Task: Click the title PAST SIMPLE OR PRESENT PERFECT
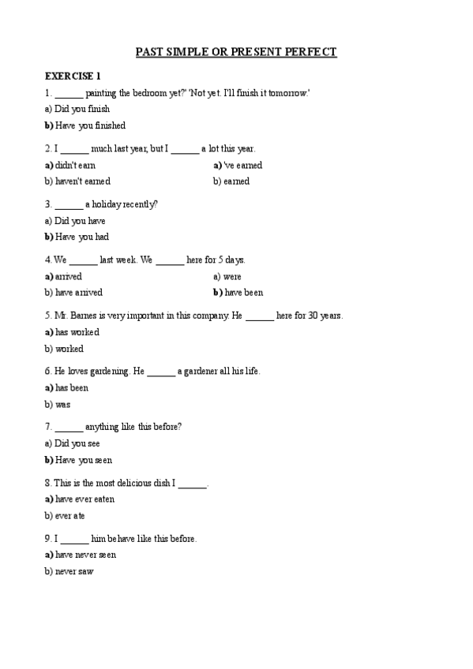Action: tap(236, 52)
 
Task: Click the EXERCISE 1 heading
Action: tap(73, 77)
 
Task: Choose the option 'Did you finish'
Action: tap(81, 110)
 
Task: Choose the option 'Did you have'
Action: tap(80, 221)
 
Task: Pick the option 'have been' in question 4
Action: tap(243, 293)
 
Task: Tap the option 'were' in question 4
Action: tap(232, 277)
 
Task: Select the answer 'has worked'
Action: tap(77, 332)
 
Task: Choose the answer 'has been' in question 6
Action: tap(71, 387)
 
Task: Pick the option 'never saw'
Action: tap(73, 571)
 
